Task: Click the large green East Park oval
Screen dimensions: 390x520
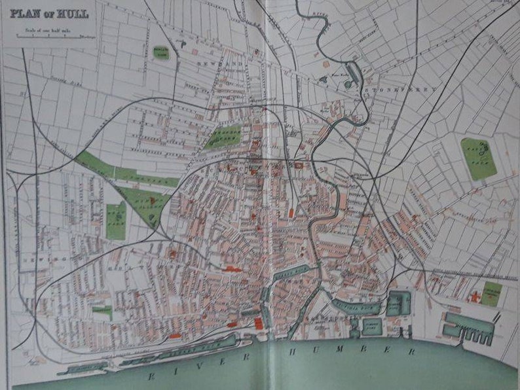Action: click(x=479, y=158)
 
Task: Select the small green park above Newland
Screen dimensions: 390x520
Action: click(x=160, y=53)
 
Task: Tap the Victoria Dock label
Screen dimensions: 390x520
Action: click(x=357, y=306)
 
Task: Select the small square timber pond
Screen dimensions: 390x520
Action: click(x=371, y=327)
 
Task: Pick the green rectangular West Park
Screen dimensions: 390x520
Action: click(x=116, y=221)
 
